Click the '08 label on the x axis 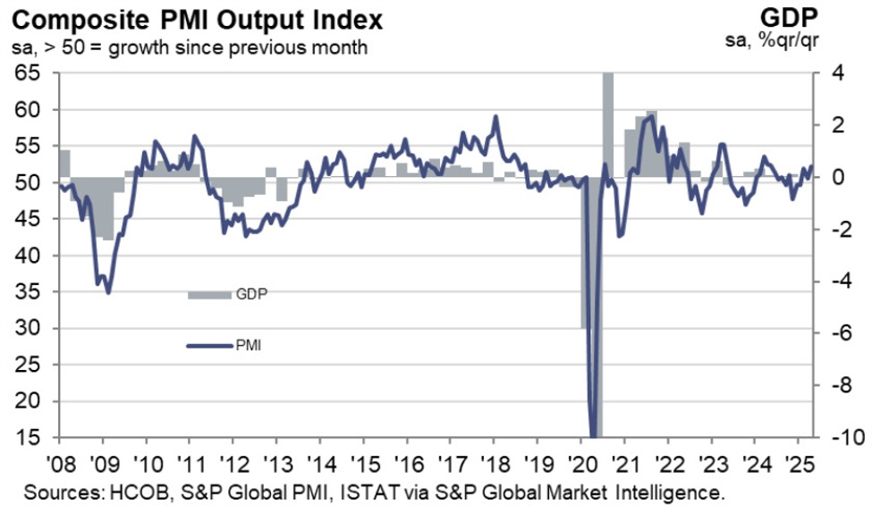click(60, 466)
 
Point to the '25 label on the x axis click(798, 466)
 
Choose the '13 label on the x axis click(276, 466)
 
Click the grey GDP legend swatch click(208, 295)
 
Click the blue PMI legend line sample click(208, 345)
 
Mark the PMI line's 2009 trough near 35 click(108, 291)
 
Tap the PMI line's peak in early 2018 click(495, 117)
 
